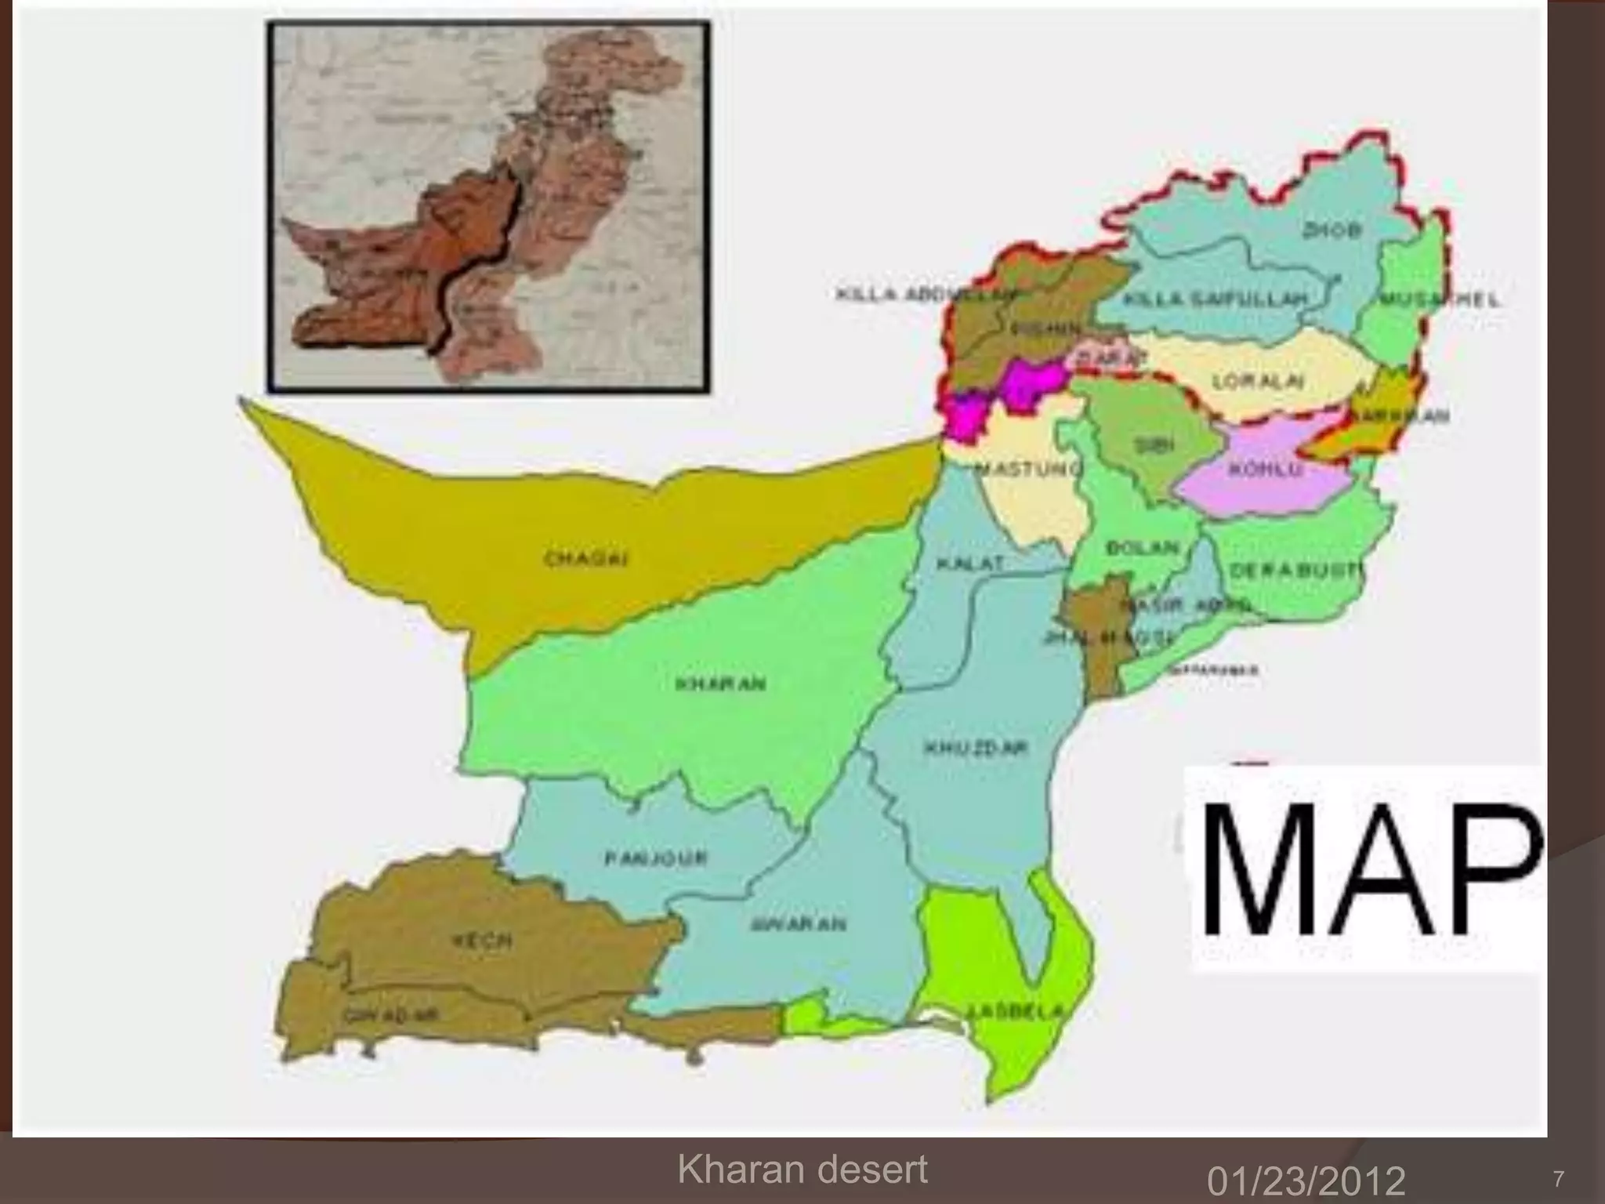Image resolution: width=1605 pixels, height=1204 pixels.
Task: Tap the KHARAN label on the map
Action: pos(720,684)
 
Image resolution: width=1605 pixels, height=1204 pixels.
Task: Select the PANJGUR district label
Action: pos(656,858)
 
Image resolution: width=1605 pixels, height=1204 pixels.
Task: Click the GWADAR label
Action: pos(389,1015)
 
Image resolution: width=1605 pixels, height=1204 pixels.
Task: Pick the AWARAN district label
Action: pos(799,924)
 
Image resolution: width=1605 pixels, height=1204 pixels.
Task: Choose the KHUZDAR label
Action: pos(975,749)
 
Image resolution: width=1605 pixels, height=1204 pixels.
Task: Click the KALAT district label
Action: pos(970,564)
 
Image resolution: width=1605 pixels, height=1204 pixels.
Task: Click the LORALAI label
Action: pos(1258,382)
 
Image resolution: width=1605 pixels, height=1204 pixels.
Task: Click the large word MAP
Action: pos(1364,871)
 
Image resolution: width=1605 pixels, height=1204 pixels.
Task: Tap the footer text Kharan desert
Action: pos(802,1170)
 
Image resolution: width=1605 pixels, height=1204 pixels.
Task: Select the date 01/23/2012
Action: pos(1306,1180)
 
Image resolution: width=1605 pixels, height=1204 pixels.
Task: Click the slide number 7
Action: pos(1557,1179)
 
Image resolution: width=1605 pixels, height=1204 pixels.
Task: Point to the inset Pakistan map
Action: pos(488,206)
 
